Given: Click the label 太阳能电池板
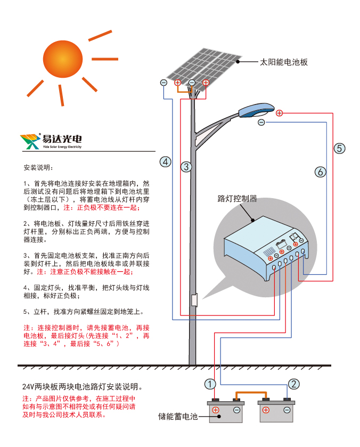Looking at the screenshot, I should click(283, 62).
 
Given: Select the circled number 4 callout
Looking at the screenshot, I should click(166, 161).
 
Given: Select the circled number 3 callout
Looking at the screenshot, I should click(186, 167).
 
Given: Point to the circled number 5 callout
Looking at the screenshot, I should click(340, 149).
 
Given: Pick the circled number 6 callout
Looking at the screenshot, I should click(320, 172).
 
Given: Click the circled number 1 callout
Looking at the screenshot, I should click(210, 384).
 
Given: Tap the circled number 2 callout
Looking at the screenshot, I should click(293, 384).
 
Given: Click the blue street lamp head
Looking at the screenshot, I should click(256, 110).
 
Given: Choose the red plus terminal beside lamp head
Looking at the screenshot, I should click(279, 113).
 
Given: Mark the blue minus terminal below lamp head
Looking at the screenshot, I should click(261, 123).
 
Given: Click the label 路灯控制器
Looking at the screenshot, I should click(237, 199).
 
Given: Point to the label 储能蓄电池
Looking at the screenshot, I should click(178, 417).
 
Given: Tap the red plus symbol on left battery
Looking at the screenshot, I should click(216, 410).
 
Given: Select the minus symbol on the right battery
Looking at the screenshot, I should click(287, 410).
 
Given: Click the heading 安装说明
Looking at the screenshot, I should click(36, 168).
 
